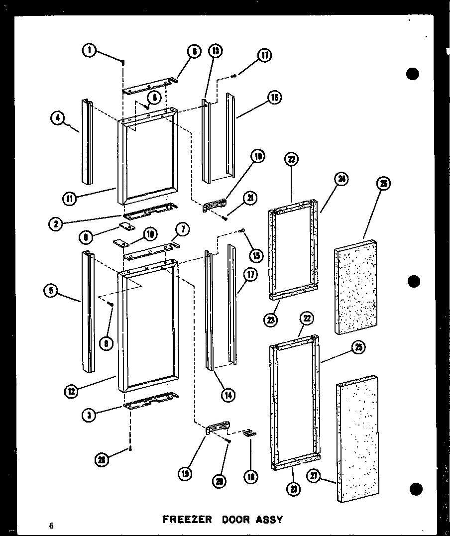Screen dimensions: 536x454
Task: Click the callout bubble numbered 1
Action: [90, 50]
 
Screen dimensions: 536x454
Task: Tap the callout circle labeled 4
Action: [59, 118]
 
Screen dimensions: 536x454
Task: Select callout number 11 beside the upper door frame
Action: [69, 199]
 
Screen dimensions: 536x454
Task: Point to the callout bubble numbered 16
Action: [273, 98]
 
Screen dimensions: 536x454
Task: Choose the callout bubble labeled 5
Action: [51, 292]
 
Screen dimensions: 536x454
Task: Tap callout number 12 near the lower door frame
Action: [72, 392]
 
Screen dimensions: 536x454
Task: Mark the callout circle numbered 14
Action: [228, 395]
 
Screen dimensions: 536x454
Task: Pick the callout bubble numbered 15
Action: [257, 255]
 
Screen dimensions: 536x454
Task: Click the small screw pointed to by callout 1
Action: [122, 63]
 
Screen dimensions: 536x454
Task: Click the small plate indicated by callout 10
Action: [120, 242]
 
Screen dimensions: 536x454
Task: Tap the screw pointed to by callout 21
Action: [226, 216]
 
